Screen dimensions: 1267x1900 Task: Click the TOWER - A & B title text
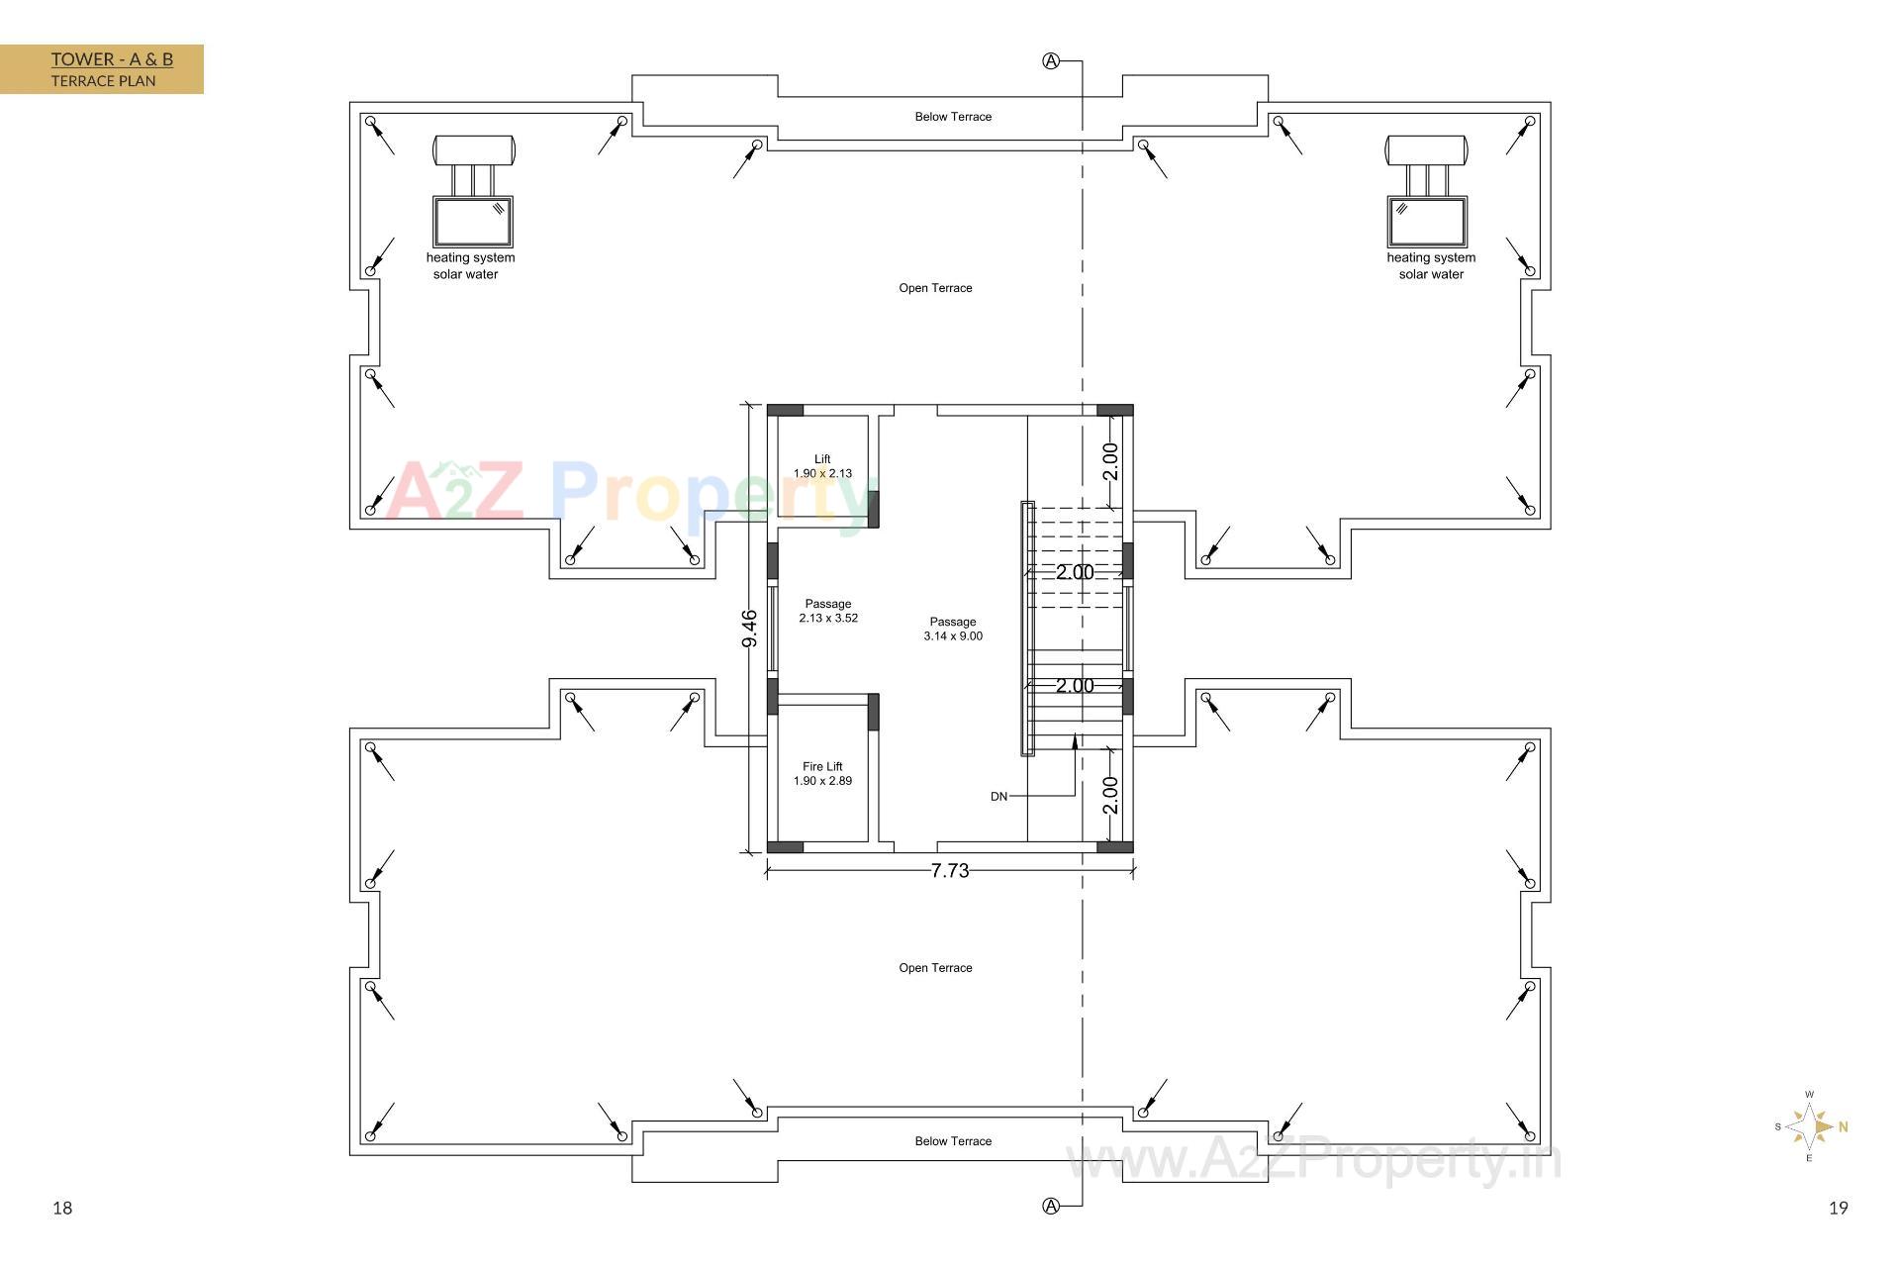click(x=112, y=59)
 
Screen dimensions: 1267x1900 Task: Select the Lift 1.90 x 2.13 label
click(x=822, y=466)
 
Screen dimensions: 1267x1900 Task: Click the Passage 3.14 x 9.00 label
click(x=953, y=629)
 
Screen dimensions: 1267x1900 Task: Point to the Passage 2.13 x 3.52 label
click(x=828, y=611)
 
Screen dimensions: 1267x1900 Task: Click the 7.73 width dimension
click(x=950, y=870)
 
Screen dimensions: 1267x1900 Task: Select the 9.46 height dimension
click(x=749, y=629)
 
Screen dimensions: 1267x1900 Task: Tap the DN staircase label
click(x=998, y=796)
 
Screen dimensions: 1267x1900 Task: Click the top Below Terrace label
click(x=953, y=117)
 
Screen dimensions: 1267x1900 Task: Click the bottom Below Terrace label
click(x=953, y=1141)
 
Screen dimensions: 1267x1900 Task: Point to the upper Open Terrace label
click(x=935, y=288)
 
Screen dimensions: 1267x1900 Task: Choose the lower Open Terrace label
click(x=935, y=968)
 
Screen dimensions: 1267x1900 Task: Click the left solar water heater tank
click(x=474, y=150)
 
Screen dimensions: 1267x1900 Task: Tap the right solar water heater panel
click(x=1426, y=222)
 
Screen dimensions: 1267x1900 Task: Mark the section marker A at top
click(x=1051, y=61)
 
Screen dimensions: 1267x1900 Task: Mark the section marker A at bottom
click(x=1051, y=1206)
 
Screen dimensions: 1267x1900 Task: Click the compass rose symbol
click(x=1810, y=1126)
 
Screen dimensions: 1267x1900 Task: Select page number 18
click(x=62, y=1208)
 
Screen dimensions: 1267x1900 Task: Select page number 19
click(x=1839, y=1208)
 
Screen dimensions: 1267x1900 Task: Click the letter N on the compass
click(x=1844, y=1126)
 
